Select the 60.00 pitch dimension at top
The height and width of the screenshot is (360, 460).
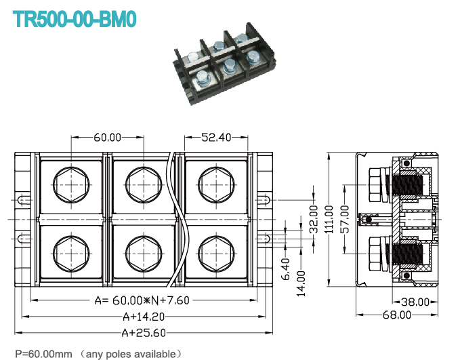coord(107,138)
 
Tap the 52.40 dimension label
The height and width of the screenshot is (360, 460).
coord(216,138)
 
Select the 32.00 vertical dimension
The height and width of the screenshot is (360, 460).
coord(313,219)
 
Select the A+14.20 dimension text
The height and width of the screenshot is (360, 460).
coord(142,316)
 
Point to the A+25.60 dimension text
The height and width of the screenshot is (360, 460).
coord(143,332)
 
